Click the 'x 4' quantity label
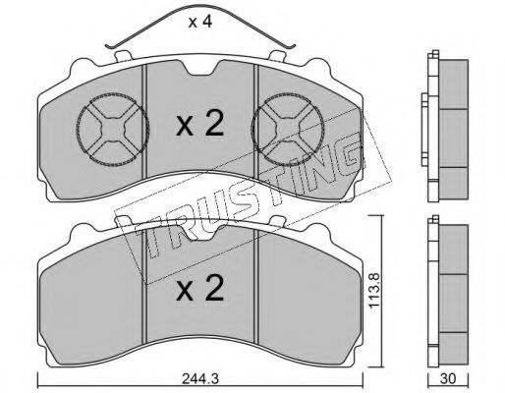pos(200,22)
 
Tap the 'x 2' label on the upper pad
pos(200,124)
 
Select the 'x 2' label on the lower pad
pos(200,288)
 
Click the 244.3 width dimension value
pos(199,379)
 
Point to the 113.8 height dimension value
pos(373,289)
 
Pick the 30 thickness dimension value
pos(448,379)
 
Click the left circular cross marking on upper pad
pos(113,129)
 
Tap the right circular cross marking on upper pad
pos(287,129)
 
